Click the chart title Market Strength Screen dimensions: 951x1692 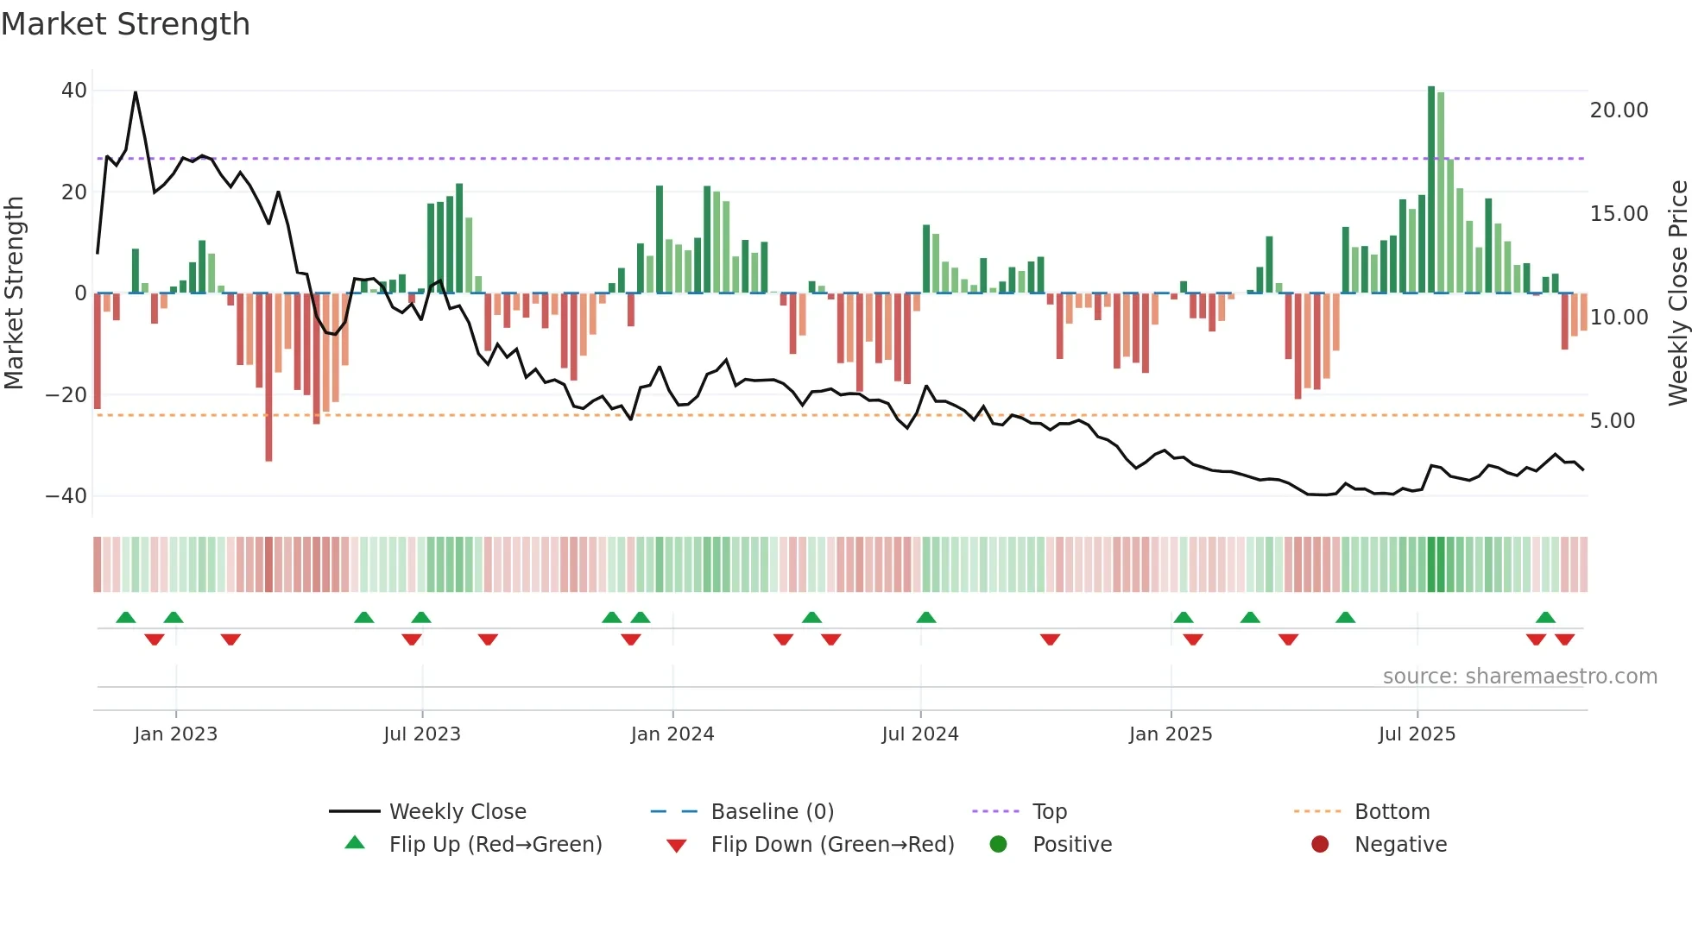125,24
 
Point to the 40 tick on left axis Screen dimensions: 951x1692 73,91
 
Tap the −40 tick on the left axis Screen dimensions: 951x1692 66,496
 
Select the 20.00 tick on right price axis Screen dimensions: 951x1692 1619,110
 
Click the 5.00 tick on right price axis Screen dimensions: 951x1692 1612,421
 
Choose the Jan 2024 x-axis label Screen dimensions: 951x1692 672,734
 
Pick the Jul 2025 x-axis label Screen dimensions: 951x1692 1417,734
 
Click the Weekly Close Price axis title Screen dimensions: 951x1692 1677,293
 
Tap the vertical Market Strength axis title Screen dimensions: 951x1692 14,293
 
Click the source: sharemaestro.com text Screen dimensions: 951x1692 1519,677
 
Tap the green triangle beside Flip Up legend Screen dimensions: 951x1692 355,843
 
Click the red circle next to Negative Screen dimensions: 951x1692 1319,844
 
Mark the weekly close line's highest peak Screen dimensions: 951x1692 136,92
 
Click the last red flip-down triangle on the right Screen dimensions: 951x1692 1564,639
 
